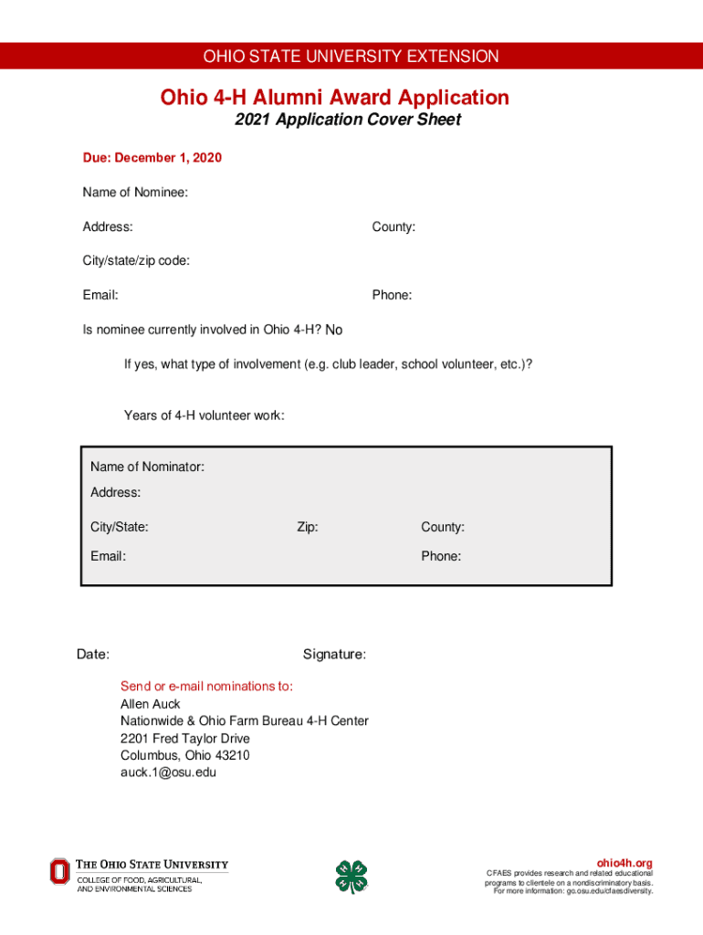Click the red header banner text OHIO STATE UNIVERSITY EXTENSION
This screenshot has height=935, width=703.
tap(351, 57)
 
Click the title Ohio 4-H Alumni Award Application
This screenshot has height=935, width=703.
tap(335, 97)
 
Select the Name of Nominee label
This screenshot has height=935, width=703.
tap(135, 192)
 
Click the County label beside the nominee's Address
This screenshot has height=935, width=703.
tap(393, 226)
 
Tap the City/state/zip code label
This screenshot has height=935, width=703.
tap(136, 260)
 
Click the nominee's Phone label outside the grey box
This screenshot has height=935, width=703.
tap(392, 295)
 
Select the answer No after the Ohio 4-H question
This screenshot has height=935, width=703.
tap(333, 330)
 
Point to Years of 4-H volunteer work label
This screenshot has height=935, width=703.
tap(204, 415)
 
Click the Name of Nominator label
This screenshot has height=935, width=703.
tap(147, 467)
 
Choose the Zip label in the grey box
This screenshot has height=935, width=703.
tap(307, 527)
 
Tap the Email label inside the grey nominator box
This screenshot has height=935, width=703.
tap(108, 556)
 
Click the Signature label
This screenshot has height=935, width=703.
tap(334, 655)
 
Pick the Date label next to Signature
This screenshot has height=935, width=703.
tap(93, 655)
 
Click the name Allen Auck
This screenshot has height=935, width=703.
tap(151, 704)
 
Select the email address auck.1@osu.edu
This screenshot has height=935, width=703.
tap(168, 772)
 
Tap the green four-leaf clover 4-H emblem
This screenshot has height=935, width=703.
tap(351, 877)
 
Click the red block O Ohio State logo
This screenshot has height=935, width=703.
tap(59, 871)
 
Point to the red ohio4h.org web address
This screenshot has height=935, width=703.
tap(624, 863)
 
